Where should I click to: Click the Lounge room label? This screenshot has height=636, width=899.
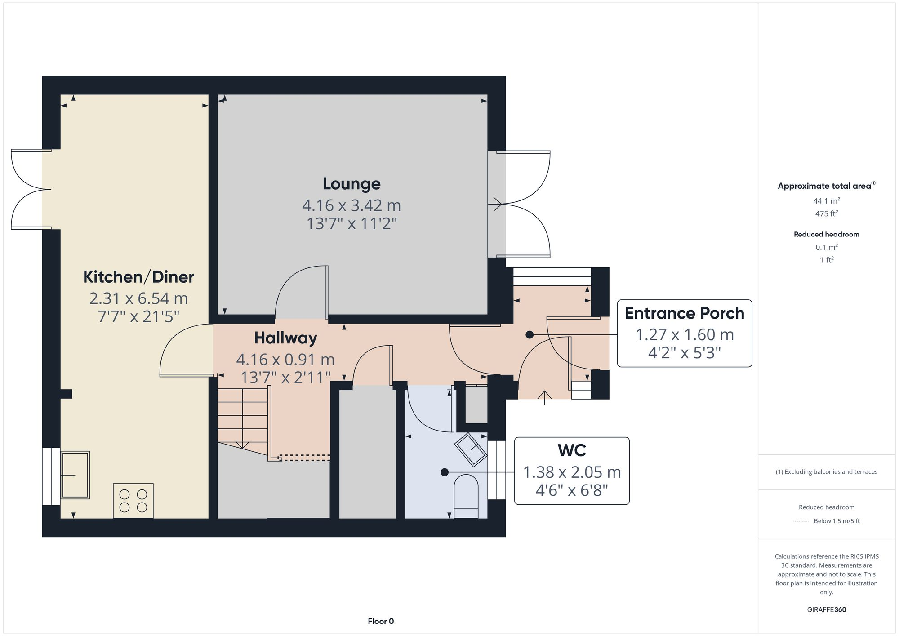pos(352,184)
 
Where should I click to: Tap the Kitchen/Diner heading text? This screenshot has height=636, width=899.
pos(138,277)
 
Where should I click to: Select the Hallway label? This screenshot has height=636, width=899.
pos(285,338)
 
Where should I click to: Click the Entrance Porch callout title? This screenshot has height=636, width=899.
pos(684,313)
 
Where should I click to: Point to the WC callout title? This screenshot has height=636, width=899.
pos(572,450)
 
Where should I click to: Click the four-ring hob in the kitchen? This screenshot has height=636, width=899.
pos(133,501)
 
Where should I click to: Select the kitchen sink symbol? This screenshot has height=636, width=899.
pos(75,475)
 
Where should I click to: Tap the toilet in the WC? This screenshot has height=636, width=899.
pos(466,497)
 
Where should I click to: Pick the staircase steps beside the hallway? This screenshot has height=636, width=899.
pos(243,416)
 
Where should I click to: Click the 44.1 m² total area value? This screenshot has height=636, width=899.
pos(826,201)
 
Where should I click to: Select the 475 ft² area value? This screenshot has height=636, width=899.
pos(826,213)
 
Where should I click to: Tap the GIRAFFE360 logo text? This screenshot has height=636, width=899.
pos(826,610)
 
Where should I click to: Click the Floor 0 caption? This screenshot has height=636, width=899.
pos(381,622)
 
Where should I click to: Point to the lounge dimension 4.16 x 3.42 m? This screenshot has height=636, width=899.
pos(352,205)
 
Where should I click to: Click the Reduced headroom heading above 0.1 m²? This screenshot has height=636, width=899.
pos(826,234)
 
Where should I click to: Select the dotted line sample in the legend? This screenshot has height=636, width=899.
pos(801,521)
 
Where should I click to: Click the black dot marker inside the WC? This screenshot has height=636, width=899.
pos(445,472)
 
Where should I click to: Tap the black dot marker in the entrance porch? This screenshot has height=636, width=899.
pos(530,335)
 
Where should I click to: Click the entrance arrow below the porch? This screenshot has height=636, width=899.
pos(545,397)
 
